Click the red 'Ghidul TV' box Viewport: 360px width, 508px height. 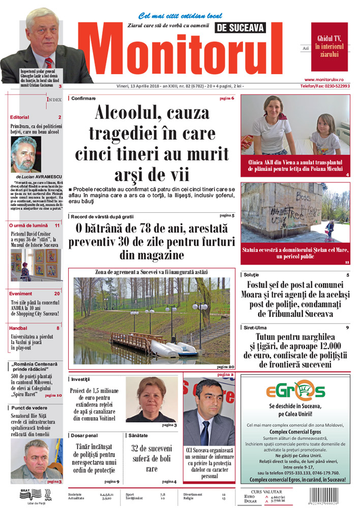[x=329, y=46]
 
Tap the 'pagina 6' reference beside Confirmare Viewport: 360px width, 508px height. [x=227, y=98]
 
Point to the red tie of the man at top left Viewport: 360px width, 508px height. [x=49, y=63]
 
